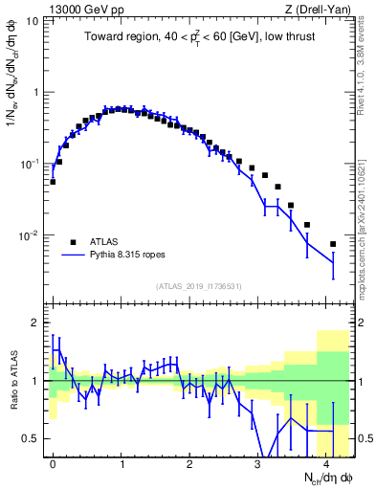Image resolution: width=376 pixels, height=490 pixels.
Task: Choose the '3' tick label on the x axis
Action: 258,462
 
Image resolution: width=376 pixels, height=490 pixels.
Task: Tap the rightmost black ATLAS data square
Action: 333,244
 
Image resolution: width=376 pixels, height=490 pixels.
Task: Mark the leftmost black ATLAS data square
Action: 53,181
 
